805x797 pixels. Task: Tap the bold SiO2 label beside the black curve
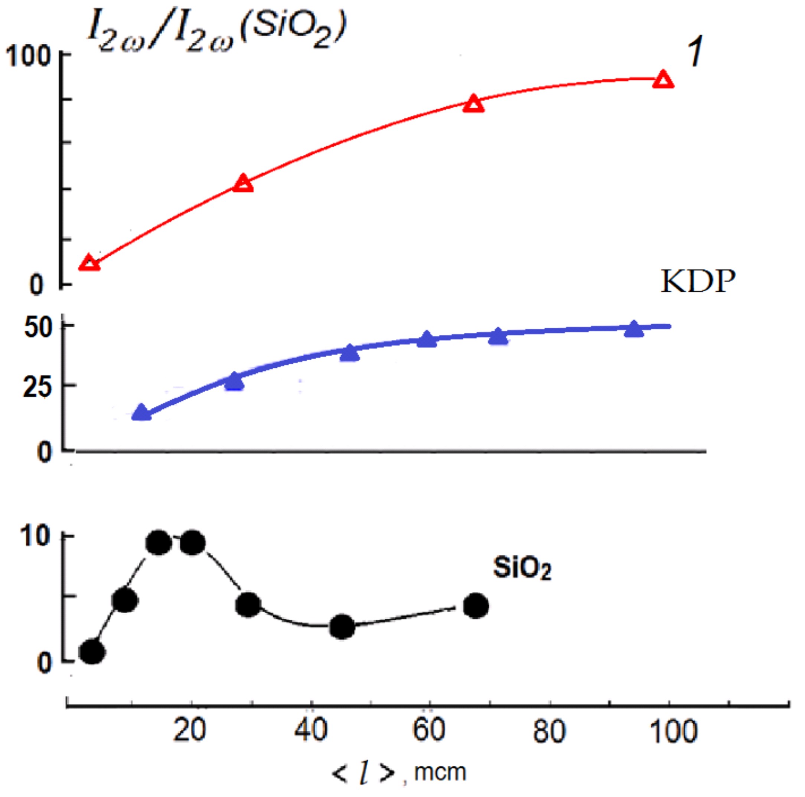pos(522,568)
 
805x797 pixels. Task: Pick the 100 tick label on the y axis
pos(28,56)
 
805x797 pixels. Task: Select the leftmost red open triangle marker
pos(89,263)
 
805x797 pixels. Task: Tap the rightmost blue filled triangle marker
pos(634,329)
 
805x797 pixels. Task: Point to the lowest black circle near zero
pos(92,652)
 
